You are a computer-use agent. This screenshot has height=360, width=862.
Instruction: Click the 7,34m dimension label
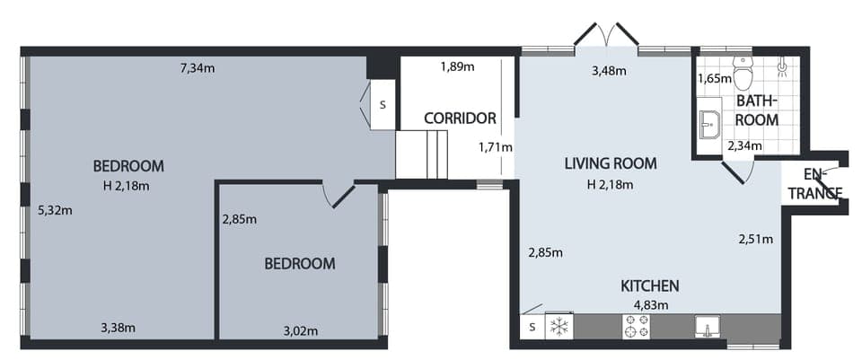tap(198, 67)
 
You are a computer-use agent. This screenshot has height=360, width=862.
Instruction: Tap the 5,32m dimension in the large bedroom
tap(55, 211)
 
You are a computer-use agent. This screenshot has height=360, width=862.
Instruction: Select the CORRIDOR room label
tap(461, 118)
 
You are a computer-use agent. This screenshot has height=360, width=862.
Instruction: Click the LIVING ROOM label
tap(611, 163)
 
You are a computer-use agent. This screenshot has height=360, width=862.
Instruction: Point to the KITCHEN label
tap(650, 286)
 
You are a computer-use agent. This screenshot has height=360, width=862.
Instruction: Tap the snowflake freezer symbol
tap(559, 326)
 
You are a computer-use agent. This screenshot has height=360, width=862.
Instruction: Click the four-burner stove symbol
tap(637, 327)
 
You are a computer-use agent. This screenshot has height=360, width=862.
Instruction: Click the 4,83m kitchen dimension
tap(650, 304)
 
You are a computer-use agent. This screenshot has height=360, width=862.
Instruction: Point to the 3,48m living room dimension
tap(608, 71)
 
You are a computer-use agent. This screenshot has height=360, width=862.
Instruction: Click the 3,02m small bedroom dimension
tap(300, 330)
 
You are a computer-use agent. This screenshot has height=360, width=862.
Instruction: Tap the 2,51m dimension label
tap(755, 239)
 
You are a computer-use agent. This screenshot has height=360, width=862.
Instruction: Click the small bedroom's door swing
tap(339, 195)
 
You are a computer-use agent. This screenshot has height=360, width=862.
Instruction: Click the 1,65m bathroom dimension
tap(714, 79)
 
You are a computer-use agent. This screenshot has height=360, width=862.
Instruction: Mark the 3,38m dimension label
tap(118, 327)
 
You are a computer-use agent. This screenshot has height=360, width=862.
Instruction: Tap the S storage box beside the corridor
tap(382, 104)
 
